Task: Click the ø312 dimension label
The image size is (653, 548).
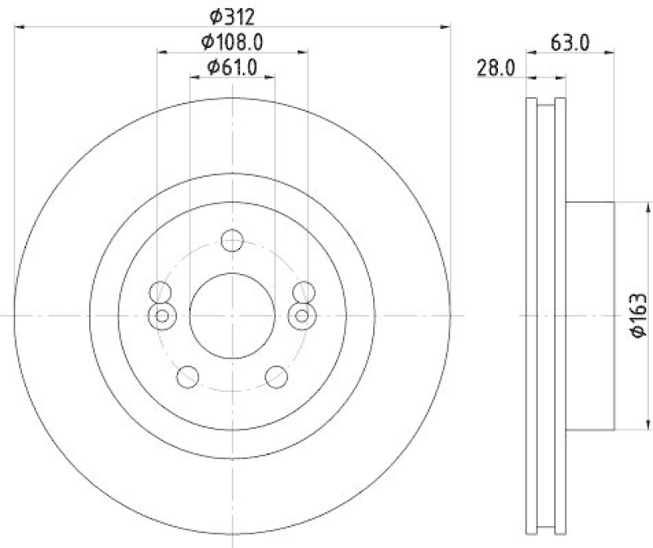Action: pyautogui.click(x=233, y=15)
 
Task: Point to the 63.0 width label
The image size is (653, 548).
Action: pyautogui.click(x=570, y=43)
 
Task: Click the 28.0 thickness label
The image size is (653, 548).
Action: pyautogui.click(x=496, y=68)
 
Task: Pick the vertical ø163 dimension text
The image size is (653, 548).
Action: pyautogui.click(x=639, y=316)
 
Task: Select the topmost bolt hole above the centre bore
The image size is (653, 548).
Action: pyautogui.click(x=233, y=241)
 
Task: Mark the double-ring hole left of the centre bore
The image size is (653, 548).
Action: pyautogui.click(x=162, y=316)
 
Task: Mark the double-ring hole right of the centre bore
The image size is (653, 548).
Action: pyautogui.click(x=304, y=316)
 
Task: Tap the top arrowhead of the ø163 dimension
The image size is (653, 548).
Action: pyautogui.click(x=629, y=206)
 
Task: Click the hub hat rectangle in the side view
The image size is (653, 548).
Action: pyautogui.click(x=589, y=316)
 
